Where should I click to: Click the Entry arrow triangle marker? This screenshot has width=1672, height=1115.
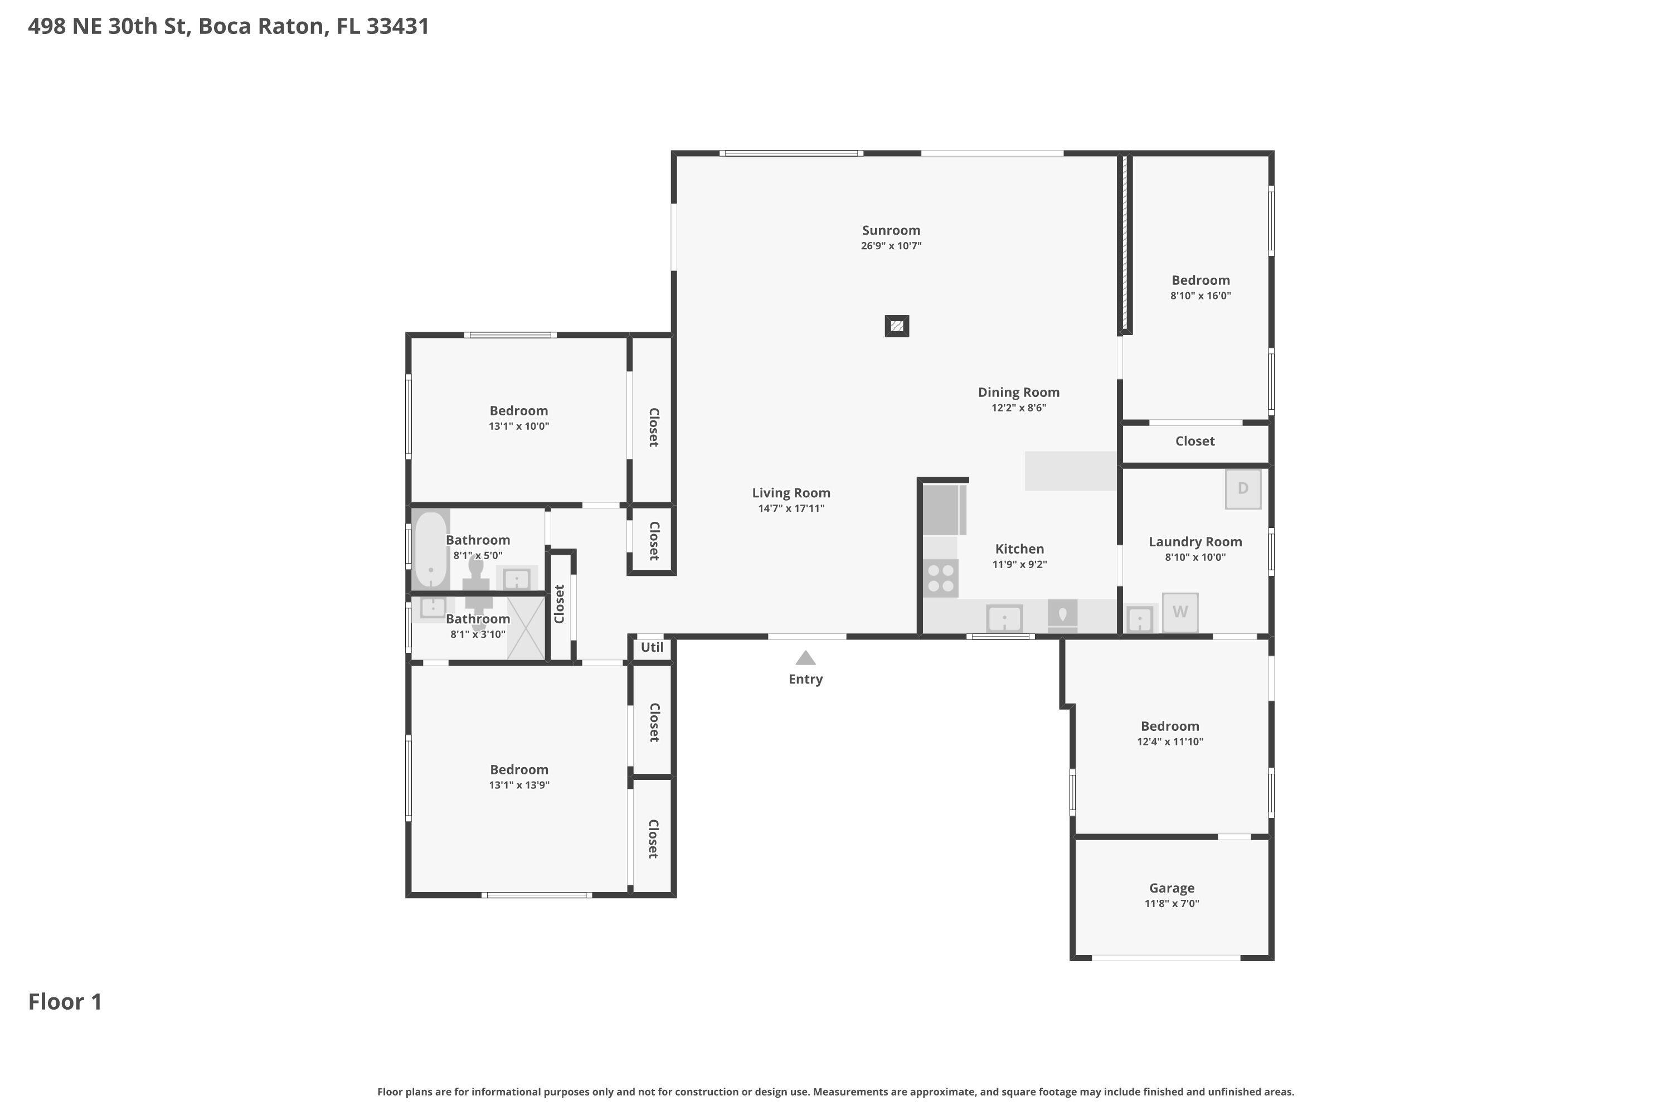click(805, 658)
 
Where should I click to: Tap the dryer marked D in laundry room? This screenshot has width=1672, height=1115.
click(1243, 488)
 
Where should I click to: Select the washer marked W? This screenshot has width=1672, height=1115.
click(1180, 612)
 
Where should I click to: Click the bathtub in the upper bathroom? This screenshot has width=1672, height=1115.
click(430, 549)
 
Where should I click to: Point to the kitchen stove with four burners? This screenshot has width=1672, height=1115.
click(941, 578)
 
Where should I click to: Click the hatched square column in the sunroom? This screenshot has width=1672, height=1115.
click(896, 326)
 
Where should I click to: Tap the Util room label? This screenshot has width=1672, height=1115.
click(652, 647)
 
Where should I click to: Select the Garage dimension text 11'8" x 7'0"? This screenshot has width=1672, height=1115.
click(1172, 904)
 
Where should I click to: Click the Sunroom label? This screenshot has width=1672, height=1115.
click(891, 230)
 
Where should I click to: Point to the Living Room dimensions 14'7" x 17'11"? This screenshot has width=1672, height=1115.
click(791, 508)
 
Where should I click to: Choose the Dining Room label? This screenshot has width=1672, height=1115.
click(1018, 392)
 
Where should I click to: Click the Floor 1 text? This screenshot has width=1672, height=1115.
click(65, 1002)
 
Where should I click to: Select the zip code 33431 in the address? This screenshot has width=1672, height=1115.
click(397, 26)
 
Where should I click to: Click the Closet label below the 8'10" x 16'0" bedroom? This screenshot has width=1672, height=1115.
click(1194, 442)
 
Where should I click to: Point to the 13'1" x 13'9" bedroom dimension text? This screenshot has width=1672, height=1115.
click(519, 785)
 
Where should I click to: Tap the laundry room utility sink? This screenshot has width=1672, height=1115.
click(1140, 619)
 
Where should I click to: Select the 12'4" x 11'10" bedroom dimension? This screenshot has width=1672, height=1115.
click(1169, 741)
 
